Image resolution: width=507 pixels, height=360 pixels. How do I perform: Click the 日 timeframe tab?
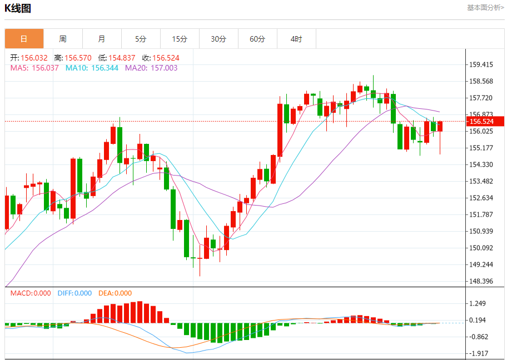pyautogui.click(x=24, y=39)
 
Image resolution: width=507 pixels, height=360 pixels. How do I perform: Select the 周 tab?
pyautogui.click(x=63, y=39)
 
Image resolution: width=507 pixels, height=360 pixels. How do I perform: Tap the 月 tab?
pyautogui.click(x=102, y=39)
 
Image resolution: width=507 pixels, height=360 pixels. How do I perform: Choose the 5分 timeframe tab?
pyautogui.click(x=141, y=39)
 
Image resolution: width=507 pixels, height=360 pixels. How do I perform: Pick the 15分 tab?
pyautogui.click(x=180, y=39)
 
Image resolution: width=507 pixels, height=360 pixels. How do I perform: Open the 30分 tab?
pyautogui.click(x=218, y=39)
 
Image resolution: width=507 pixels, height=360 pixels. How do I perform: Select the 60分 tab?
pyautogui.click(x=257, y=39)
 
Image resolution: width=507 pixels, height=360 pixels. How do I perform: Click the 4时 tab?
pyautogui.click(x=296, y=39)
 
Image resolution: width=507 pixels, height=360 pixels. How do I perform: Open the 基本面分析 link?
pyautogui.click(x=485, y=8)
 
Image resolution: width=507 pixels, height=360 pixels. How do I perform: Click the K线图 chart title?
pyautogui.click(x=18, y=8)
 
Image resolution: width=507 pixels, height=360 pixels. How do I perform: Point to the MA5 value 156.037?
pyautogui.click(x=45, y=68)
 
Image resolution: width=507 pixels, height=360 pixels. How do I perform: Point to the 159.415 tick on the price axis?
pyautogui.click(x=481, y=64)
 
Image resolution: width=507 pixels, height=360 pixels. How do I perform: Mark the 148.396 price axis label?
pyautogui.click(x=481, y=281)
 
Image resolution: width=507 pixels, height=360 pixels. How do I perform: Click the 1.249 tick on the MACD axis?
pyautogui.click(x=479, y=303)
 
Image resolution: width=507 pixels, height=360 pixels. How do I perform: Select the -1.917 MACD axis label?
pyautogui.click(x=479, y=353)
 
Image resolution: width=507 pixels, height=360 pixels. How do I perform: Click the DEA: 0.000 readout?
pyautogui.click(x=115, y=293)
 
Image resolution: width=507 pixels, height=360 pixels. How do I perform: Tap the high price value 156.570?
pyautogui.click(x=78, y=58)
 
